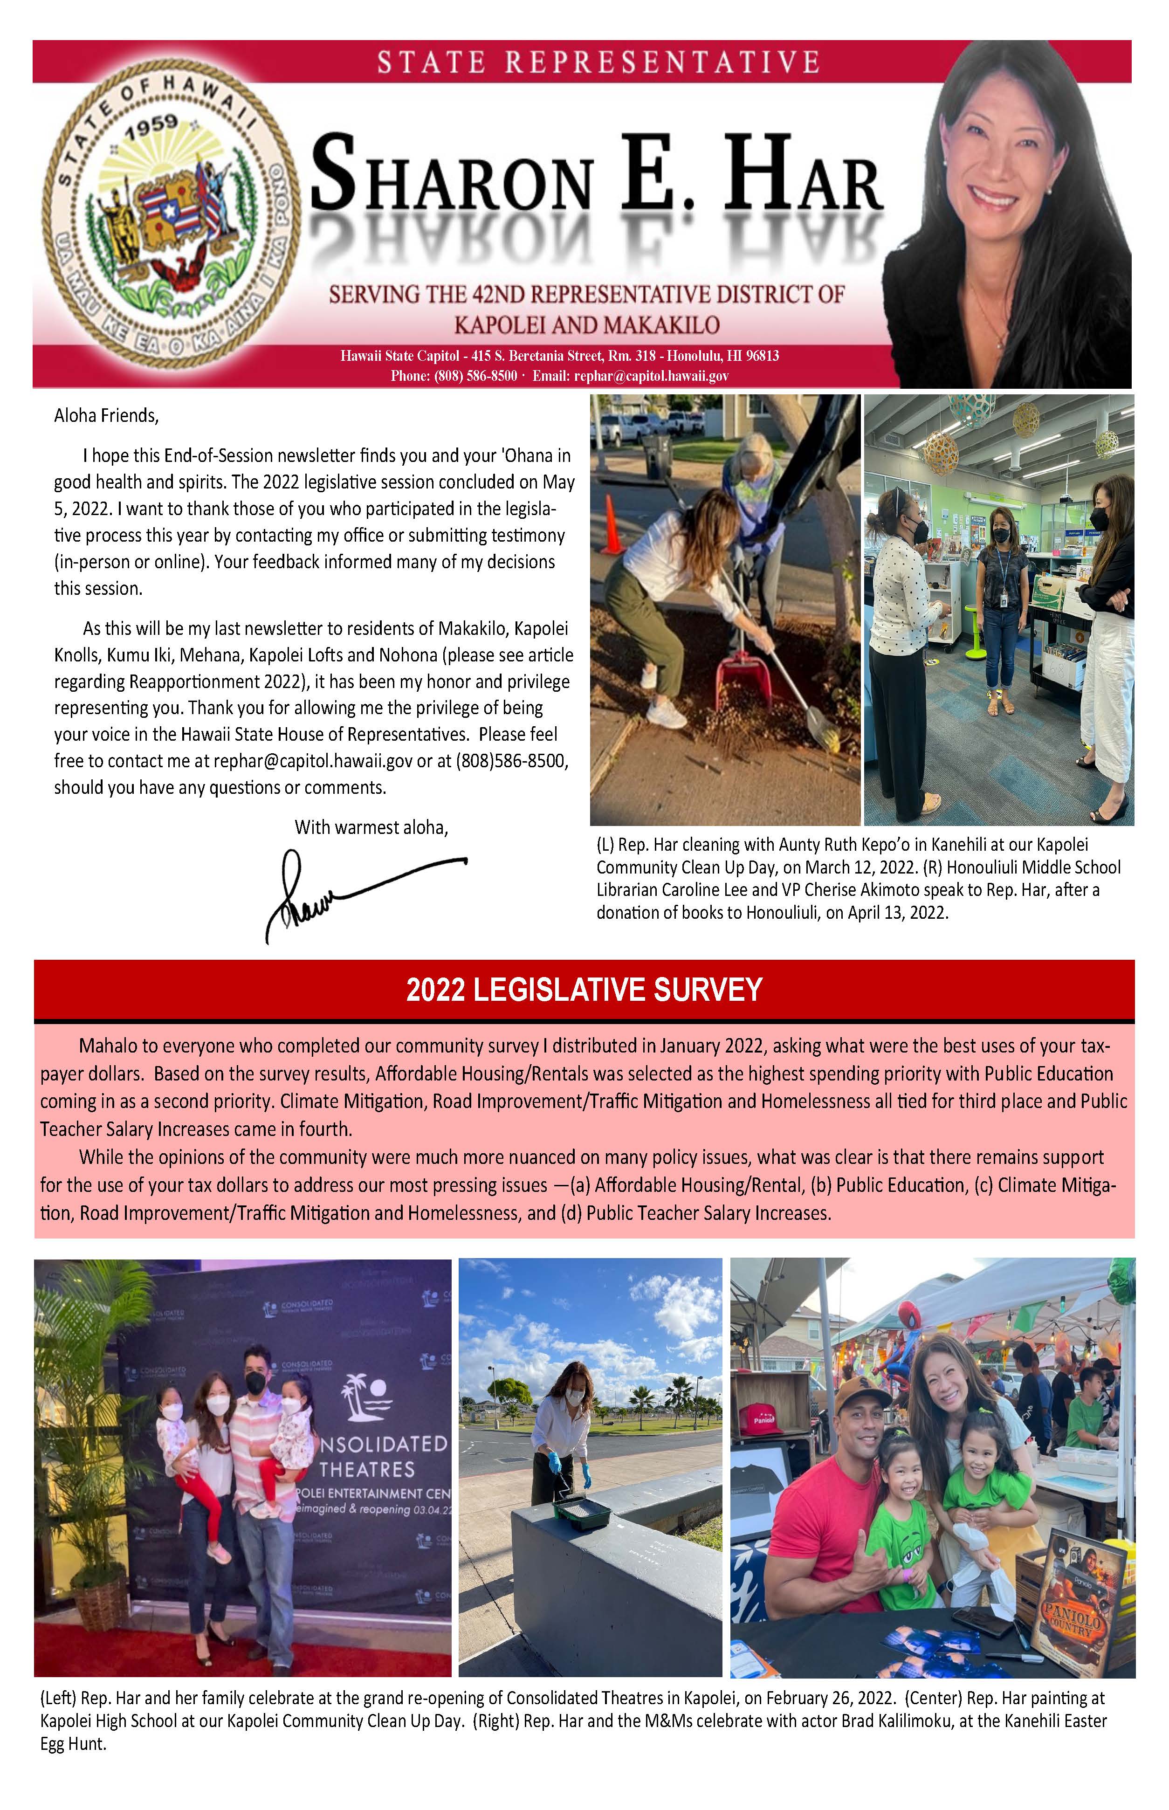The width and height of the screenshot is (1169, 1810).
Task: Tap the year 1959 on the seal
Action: pos(152,126)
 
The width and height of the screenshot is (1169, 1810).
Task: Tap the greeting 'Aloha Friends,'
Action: pos(106,415)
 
